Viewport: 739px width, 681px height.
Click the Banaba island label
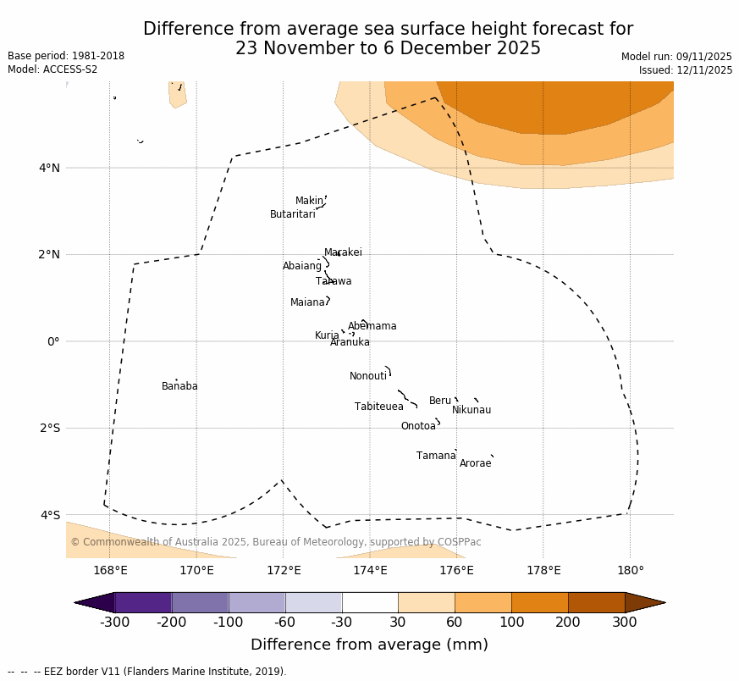point(179,386)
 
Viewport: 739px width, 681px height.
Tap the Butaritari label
point(292,214)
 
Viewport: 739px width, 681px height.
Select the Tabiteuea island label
point(378,407)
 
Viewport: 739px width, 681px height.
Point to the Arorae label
point(475,463)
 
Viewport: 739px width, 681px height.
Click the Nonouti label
point(367,376)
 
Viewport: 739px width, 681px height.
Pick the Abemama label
point(372,326)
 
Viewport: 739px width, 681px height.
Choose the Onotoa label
point(418,426)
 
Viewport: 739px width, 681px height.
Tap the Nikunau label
point(471,410)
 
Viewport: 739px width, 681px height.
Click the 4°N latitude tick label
point(50,168)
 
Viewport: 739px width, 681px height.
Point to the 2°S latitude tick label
point(50,428)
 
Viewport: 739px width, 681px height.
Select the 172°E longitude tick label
point(284,570)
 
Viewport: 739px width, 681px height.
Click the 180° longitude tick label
point(630,570)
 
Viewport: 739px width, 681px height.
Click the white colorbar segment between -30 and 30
point(370,602)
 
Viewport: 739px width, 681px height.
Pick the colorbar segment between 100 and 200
point(539,602)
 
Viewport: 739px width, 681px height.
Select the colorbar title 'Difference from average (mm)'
point(369,645)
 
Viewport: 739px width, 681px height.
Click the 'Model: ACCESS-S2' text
point(52,69)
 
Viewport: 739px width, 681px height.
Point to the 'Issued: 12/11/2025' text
point(686,70)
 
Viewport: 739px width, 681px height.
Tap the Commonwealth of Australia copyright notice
point(275,542)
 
